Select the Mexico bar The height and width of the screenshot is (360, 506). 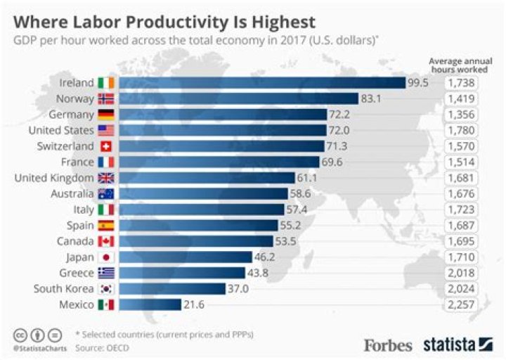[x=150, y=304]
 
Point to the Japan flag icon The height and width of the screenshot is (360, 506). [x=107, y=257]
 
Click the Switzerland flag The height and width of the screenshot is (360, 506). [x=107, y=146]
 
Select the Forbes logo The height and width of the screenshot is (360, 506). [x=387, y=345]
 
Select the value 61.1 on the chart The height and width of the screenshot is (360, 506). [x=309, y=178]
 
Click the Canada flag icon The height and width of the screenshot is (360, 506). [x=107, y=241]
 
